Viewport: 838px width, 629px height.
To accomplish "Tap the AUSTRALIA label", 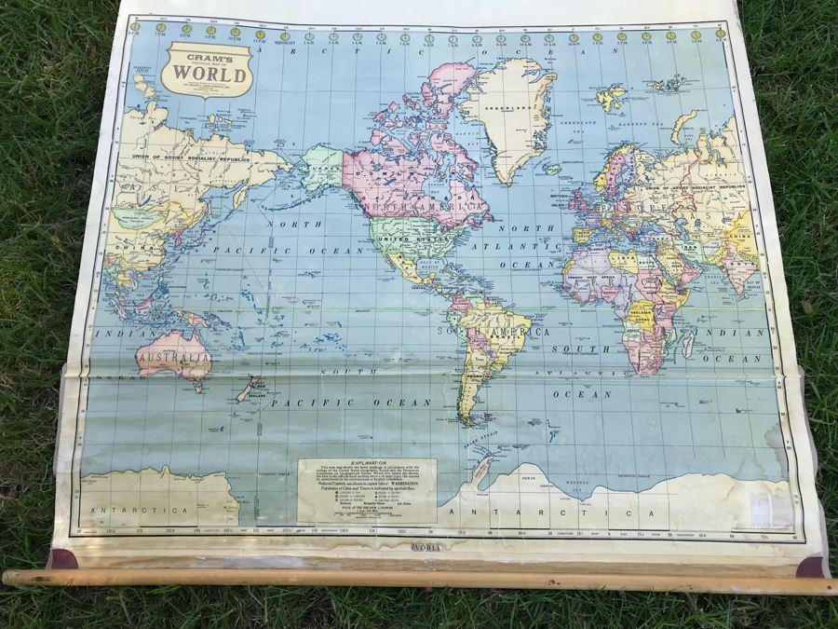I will click(x=174, y=357).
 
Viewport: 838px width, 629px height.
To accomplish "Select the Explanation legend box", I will click(x=367, y=490).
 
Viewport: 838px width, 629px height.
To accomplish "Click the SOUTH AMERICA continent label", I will click(x=490, y=331).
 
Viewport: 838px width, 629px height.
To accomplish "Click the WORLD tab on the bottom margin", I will click(x=433, y=546).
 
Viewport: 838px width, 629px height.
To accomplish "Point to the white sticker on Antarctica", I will click(x=771, y=509).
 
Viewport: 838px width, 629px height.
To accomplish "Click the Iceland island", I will click(x=551, y=169).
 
